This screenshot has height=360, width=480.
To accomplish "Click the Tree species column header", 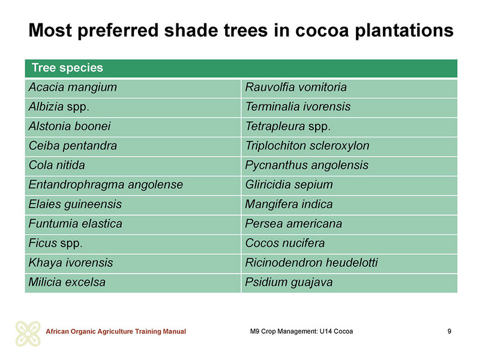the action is [x=67, y=68].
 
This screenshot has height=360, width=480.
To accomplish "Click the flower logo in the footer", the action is [x=28, y=334].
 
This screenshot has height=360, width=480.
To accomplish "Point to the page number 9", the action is [x=449, y=331].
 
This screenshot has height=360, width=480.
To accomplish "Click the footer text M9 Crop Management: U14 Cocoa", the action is [x=302, y=331].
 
